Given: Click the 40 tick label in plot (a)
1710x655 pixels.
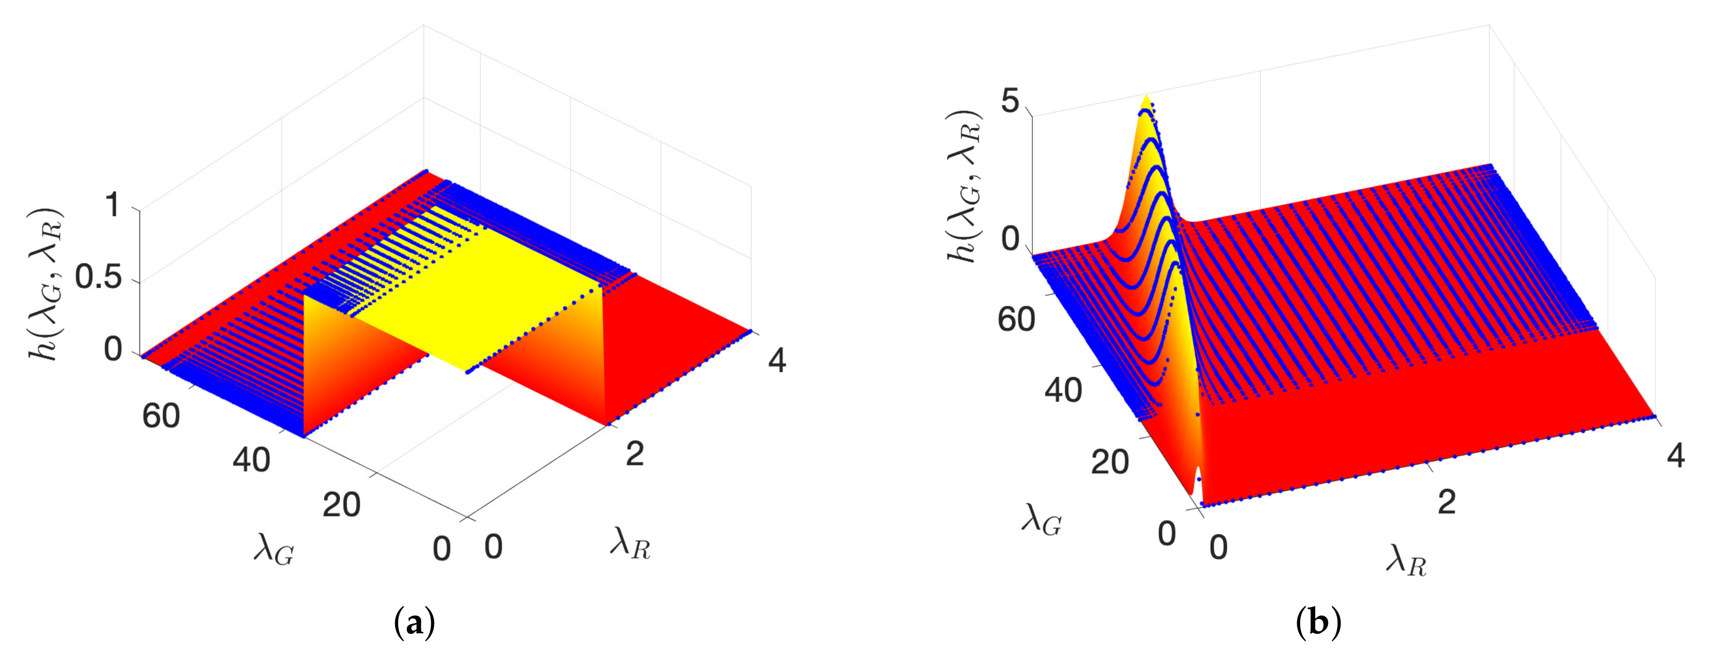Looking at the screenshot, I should point(251,460).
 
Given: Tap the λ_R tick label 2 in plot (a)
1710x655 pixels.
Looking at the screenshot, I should point(635,454).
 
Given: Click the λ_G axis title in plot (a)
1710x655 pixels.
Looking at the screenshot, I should point(273,551).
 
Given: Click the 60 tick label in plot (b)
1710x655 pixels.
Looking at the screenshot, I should point(1016,319).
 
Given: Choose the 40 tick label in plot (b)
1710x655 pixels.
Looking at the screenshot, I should point(1063,390).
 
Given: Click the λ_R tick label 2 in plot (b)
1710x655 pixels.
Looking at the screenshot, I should point(1447,502).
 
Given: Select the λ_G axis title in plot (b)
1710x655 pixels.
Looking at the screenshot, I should point(1041,522).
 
